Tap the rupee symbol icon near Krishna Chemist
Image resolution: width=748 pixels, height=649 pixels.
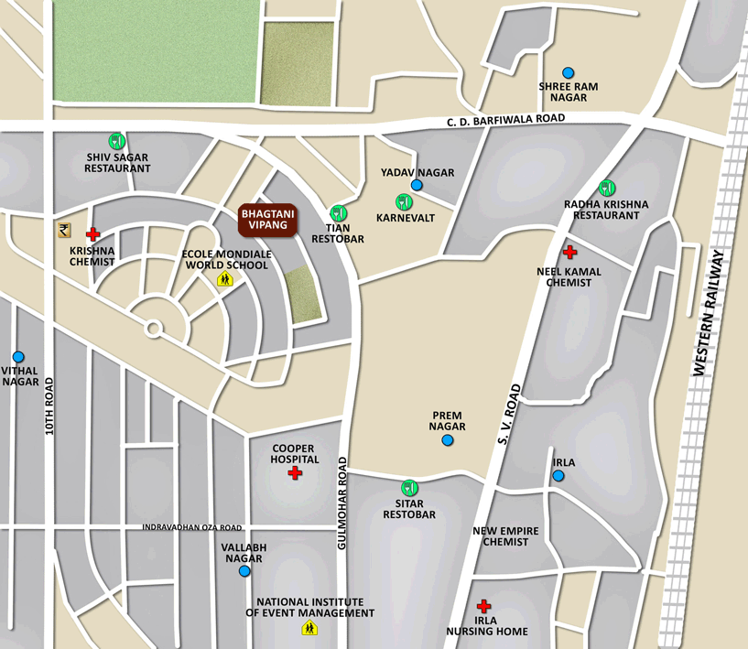(x=63, y=231)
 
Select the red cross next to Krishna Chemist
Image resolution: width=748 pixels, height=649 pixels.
(x=92, y=235)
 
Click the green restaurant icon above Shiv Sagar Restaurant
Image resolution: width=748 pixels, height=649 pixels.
(x=116, y=141)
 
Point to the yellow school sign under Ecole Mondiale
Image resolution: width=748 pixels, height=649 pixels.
(x=224, y=279)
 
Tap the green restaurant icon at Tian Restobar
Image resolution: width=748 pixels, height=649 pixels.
(x=338, y=213)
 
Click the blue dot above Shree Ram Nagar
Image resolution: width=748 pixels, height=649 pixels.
(x=568, y=72)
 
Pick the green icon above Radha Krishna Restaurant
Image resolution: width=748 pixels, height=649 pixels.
(x=606, y=188)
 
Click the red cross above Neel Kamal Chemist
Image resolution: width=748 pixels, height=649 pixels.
(x=569, y=252)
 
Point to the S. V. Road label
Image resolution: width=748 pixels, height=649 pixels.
(x=509, y=413)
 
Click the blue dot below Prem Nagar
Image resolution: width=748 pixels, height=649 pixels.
(x=448, y=440)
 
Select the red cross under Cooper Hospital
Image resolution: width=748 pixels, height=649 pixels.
(x=294, y=473)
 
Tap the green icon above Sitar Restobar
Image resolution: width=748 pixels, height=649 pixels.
(x=409, y=488)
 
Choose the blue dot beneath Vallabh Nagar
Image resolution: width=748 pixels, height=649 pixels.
(x=244, y=571)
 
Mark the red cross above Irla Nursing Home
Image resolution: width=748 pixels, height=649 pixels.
(x=484, y=606)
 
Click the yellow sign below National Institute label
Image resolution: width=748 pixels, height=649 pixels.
(x=309, y=628)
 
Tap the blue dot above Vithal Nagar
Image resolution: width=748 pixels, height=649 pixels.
(x=17, y=357)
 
